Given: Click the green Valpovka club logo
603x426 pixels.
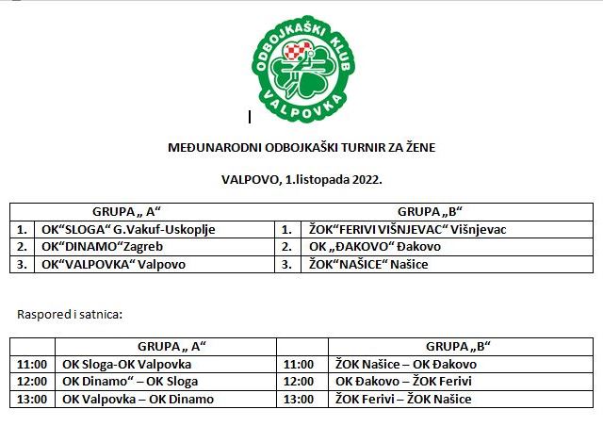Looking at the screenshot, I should (302, 66).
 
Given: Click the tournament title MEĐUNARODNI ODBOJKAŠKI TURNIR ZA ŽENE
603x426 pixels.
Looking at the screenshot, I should (301, 147).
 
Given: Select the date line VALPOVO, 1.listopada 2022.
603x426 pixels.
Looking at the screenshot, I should (301, 177).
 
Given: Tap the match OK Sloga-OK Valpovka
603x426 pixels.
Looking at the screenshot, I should (127, 364).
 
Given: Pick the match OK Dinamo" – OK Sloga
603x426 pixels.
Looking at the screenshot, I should (131, 381).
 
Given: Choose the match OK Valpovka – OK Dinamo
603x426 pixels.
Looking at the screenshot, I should (138, 399).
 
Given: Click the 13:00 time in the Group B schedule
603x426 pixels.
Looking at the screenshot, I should (298, 399).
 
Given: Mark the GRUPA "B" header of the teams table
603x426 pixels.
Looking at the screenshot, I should (434, 211).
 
